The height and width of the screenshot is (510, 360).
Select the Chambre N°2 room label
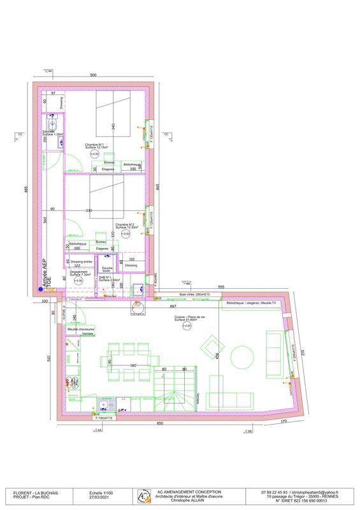tap(126, 226)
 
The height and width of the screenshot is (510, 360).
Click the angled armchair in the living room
tap(210, 348)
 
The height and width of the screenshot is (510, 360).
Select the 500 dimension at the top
tap(93, 75)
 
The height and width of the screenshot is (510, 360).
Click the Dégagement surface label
tap(80, 273)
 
